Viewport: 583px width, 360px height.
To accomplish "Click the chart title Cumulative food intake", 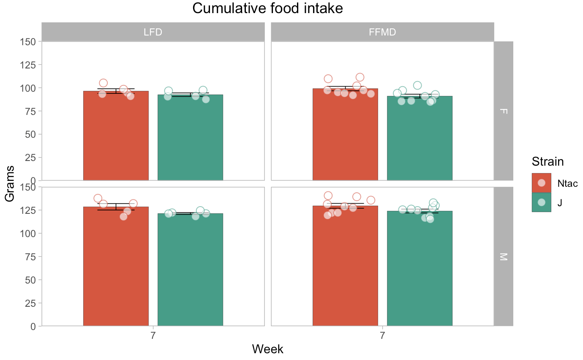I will pos(267,8).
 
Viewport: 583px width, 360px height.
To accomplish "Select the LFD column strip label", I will pos(153,32).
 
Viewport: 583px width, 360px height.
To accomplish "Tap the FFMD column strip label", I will pos(382,32).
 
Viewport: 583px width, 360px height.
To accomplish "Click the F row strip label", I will pos(503,111).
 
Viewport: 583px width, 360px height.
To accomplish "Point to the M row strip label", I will pos(503,256).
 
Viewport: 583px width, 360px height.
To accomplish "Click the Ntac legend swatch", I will pos(541,183).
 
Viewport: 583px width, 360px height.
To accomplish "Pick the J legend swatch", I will pos(541,202).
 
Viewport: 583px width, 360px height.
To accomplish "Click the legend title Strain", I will pos(548,161).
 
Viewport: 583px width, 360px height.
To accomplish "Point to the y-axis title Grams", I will pos(9,183).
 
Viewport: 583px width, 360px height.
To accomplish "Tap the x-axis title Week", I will pos(267,349).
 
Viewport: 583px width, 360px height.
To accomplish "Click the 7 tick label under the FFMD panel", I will pos(382,336).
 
